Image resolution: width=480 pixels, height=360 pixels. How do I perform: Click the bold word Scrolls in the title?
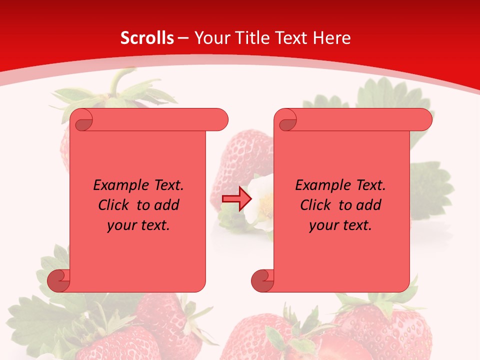point(147,38)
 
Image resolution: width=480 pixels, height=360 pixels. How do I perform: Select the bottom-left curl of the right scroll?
point(262,280)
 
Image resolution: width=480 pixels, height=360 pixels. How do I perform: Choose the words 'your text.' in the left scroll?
point(138,225)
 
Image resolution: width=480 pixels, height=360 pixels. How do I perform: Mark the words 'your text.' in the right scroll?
point(340,225)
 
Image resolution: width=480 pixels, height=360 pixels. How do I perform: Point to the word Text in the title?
point(290,38)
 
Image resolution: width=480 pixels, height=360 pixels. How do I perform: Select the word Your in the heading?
point(210,38)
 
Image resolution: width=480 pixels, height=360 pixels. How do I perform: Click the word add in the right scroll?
point(369,205)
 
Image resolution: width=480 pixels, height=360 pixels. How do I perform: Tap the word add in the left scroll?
point(167,205)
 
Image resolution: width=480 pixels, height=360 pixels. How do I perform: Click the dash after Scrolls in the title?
point(183,38)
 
